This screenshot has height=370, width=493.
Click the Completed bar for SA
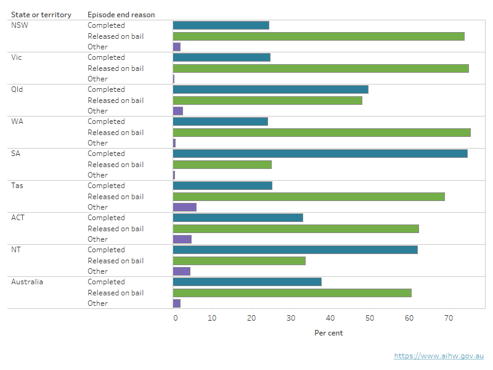[320, 154]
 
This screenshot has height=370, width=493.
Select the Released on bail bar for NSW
[319, 36]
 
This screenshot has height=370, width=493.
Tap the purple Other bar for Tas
[184, 207]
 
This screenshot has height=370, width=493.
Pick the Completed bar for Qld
[271, 89]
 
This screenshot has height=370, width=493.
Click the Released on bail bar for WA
[322, 133]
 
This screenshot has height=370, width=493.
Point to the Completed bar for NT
[295, 250]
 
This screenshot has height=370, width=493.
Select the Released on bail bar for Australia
[292, 293]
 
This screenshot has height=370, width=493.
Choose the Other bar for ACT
[182, 239]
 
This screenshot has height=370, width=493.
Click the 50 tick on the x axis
[370, 318]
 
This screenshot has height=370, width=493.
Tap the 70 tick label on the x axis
[449, 318]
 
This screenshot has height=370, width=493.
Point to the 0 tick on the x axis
[176, 318]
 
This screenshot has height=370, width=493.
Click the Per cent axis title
[328, 333]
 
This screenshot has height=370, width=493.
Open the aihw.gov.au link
[439, 356]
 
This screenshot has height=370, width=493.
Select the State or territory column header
[41, 14]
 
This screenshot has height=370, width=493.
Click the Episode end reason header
[121, 14]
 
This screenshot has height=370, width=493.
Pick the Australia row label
[27, 282]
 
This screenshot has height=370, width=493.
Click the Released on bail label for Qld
[115, 101]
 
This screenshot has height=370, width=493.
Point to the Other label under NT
[97, 271]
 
